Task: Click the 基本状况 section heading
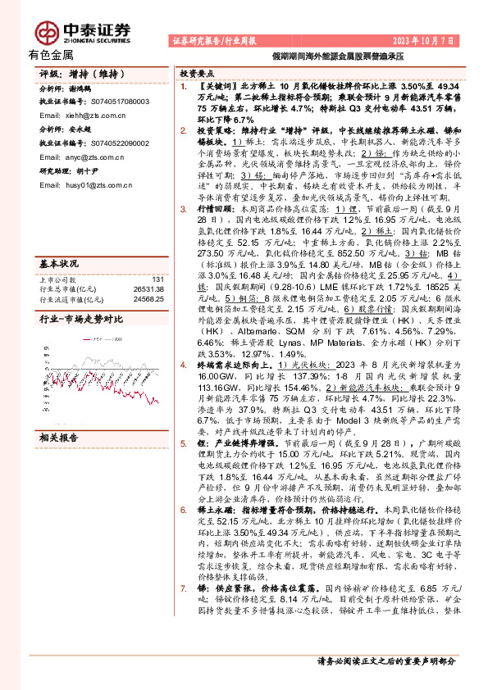point(58,264)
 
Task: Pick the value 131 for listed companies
point(158,280)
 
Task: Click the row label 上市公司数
point(57,280)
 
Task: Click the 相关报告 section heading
point(58,438)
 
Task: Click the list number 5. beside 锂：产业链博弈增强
point(183,442)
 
